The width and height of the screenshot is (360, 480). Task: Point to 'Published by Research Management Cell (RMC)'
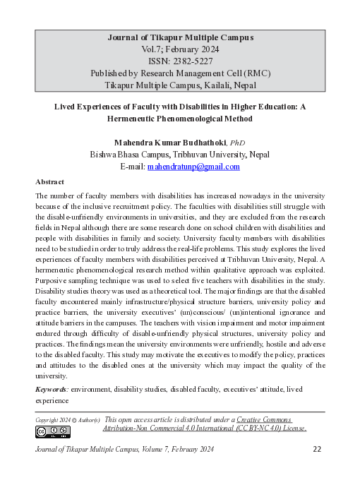pyautogui.click(x=180, y=73)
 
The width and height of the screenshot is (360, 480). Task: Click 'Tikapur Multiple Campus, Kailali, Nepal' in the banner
pyautogui.click(x=180, y=85)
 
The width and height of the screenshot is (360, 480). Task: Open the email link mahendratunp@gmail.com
pyautogui.click(x=193, y=167)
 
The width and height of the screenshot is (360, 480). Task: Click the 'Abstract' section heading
pyautogui.click(x=50, y=181)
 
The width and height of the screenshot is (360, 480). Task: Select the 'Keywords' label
pyautogui.click(x=52, y=389)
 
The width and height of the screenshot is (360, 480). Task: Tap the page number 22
pyautogui.click(x=317, y=449)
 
